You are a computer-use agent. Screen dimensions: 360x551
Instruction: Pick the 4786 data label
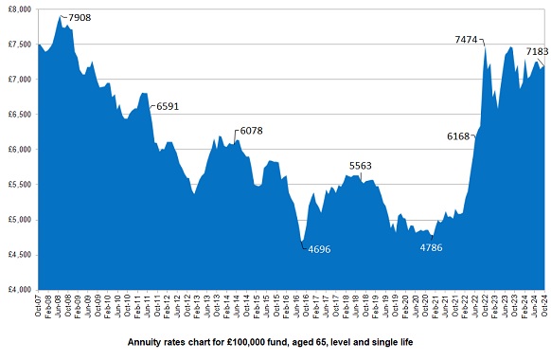click(436, 248)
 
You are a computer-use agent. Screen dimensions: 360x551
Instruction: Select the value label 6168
click(457, 136)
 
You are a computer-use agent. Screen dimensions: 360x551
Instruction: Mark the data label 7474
click(466, 40)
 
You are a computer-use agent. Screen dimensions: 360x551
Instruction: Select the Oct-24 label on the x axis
click(544, 308)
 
